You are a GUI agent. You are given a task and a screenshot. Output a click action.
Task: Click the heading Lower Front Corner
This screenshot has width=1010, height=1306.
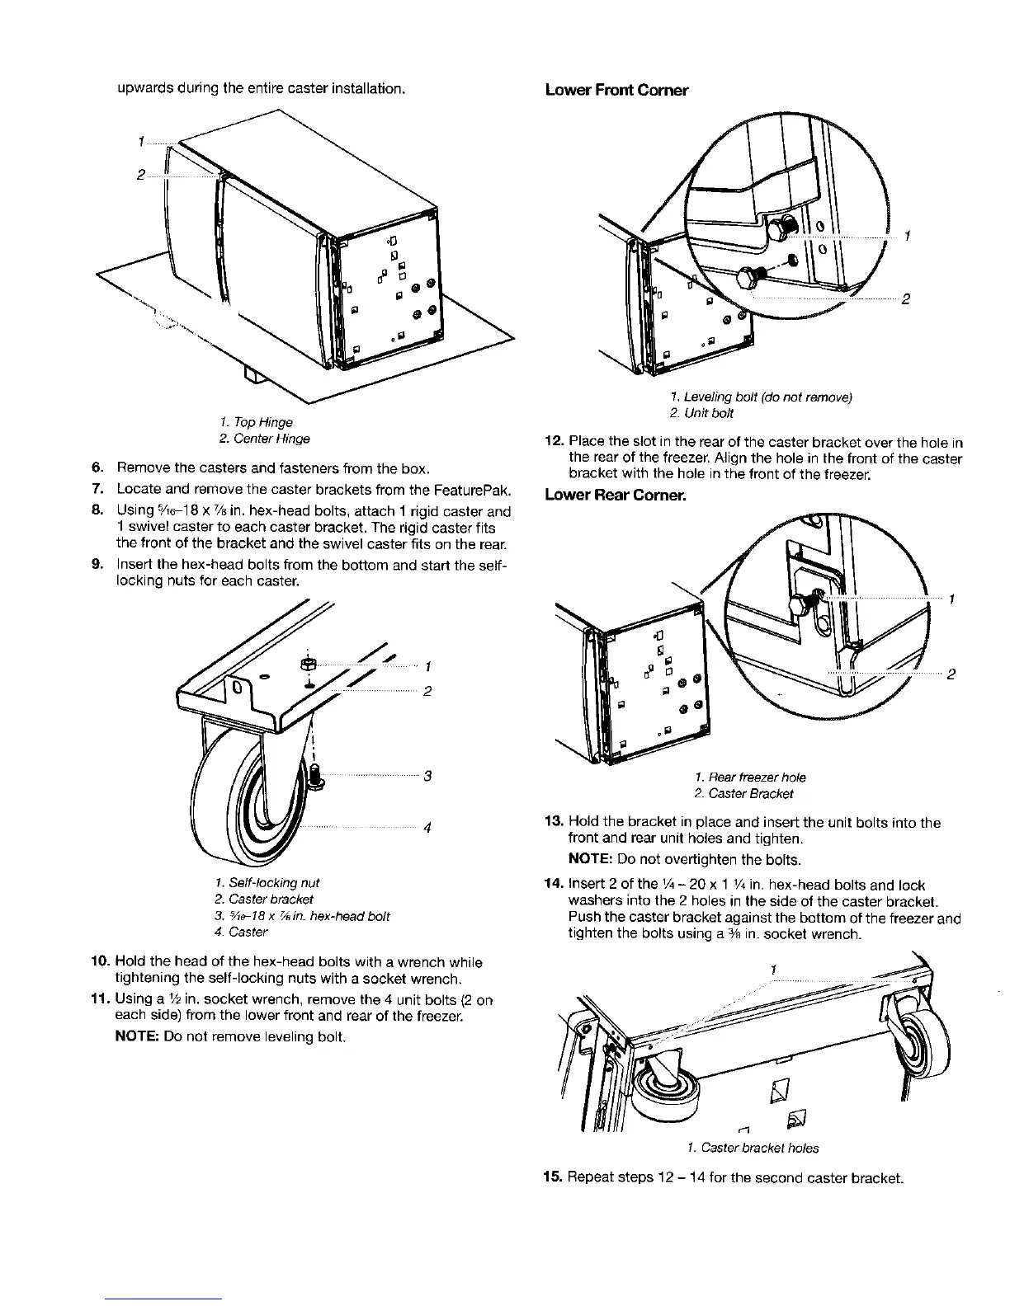point(616,90)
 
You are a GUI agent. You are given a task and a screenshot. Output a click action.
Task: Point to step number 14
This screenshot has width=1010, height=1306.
point(554,885)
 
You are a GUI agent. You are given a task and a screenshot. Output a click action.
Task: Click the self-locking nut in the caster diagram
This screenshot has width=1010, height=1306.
point(306,664)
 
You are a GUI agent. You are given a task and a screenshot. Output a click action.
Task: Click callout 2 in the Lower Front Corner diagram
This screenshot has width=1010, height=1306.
point(905,299)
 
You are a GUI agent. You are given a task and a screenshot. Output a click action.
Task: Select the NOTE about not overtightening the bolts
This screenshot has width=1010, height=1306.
point(673,860)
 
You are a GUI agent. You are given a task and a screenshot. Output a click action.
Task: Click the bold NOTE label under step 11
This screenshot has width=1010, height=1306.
point(137,1036)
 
